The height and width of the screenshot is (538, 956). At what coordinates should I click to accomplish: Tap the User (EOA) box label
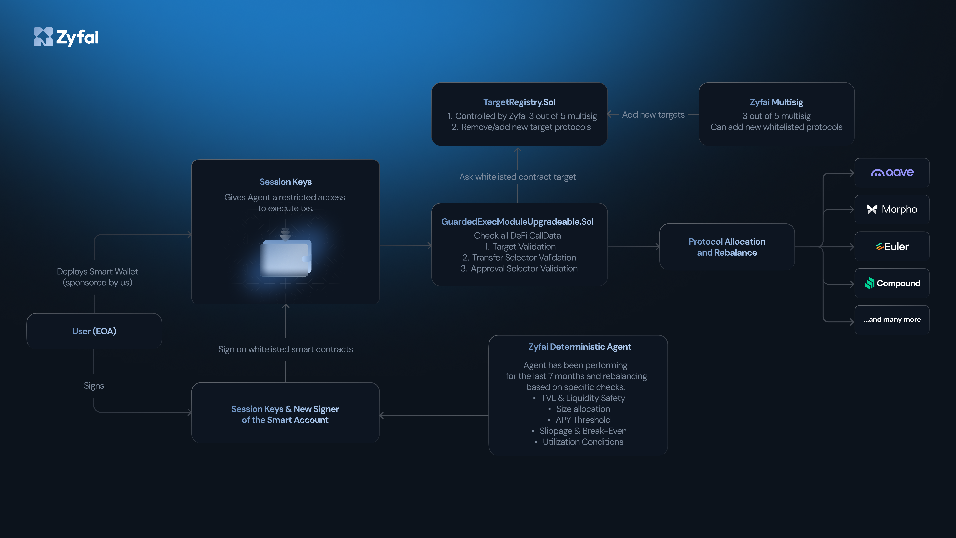pos(94,331)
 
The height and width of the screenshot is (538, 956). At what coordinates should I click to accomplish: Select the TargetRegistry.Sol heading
pos(519,102)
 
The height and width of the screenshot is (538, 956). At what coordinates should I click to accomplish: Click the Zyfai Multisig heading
pos(776,102)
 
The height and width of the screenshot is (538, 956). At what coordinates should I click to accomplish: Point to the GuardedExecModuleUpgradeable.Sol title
pos(517,222)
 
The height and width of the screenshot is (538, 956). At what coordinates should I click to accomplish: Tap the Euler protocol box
pos(892,247)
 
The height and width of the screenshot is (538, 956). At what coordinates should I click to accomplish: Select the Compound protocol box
pos(892,283)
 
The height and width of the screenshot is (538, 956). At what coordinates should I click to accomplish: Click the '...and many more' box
pos(892,319)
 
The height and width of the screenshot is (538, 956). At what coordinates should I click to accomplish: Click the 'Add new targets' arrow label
pos(653,115)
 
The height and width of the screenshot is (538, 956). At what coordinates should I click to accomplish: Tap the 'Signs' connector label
pos(94,385)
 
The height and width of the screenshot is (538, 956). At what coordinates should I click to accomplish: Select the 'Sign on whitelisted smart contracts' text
pos(285,349)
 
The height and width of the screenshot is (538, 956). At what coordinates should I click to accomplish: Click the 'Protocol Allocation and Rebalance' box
pos(727,247)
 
